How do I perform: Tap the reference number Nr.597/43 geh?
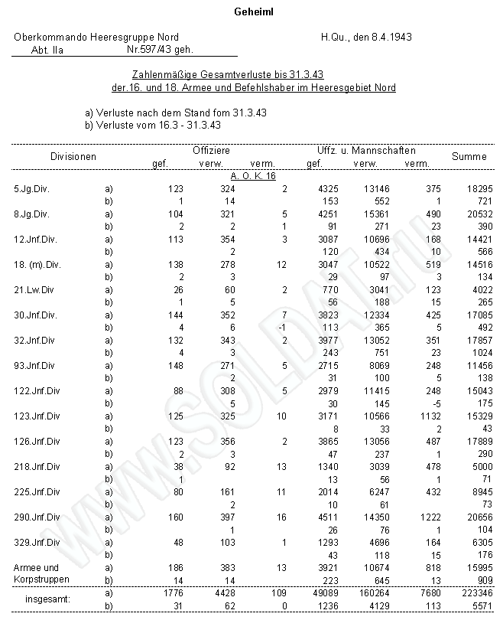pyautogui.click(x=159, y=49)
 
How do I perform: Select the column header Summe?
pyautogui.click(x=469, y=156)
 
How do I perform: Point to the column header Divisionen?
pyautogui.click(x=73, y=156)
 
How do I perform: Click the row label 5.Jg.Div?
pyautogui.click(x=31, y=188)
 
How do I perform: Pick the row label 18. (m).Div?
pyautogui.click(x=37, y=264)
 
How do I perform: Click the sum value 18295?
pyautogui.click(x=472, y=188)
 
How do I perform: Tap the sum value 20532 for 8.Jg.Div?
pyautogui.click(x=472, y=214)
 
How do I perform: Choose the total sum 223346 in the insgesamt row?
pyautogui.click(x=469, y=592)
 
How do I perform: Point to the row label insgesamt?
pyautogui.click(x=47, y=599)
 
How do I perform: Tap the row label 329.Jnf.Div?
pyautogui.click(x=37, y=542)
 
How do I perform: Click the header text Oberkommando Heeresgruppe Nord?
pyautogui.click(x=96, y=37)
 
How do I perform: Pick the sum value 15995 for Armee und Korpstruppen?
pyautogui.click(x=472, y=567)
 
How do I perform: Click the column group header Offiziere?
pyautogui.click(x=211, y=151)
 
